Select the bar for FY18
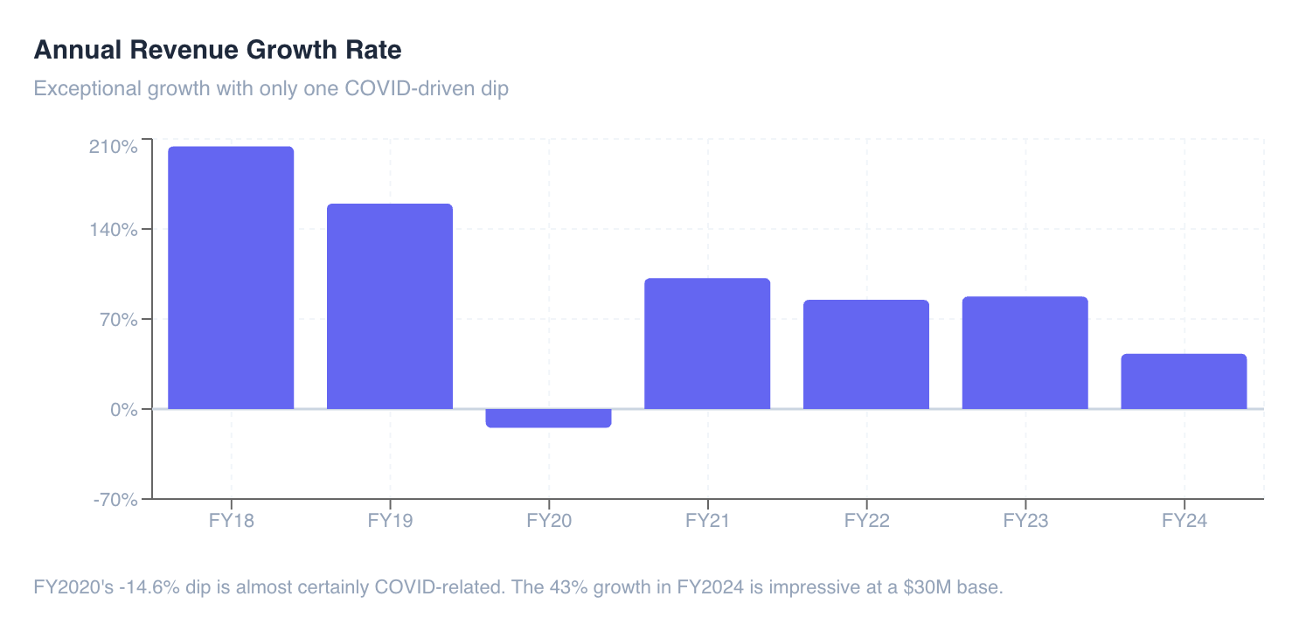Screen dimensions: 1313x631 click(x=231, y=278)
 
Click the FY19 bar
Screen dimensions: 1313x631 click(x=390, y=307)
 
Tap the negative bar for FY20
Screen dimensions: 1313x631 click(x=549, y=419)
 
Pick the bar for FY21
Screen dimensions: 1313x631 click(x=707, y=343)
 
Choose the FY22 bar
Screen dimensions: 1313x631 click(x=866, y=355)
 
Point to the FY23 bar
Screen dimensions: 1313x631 click(x=1025, y=353)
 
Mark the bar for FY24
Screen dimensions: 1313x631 click(x=1184, y=381)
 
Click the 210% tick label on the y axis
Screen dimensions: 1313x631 click(x=114, y=147)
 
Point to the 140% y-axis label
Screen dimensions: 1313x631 click(x=114, y=229)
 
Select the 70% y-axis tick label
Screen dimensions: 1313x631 click(x=119, y=319)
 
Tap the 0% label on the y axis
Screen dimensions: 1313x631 click(x=124, y=410)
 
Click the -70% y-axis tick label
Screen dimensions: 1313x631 click(x=116, y=500)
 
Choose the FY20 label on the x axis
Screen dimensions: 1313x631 click(x=549, y=521)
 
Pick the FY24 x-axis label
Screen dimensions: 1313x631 click(x=1184, y=521)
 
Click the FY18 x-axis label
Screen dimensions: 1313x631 click(x=231, y=521)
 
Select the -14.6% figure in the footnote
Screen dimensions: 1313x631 click(x=149, y=587)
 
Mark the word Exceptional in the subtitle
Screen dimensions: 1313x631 click(x=87, y=89)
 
